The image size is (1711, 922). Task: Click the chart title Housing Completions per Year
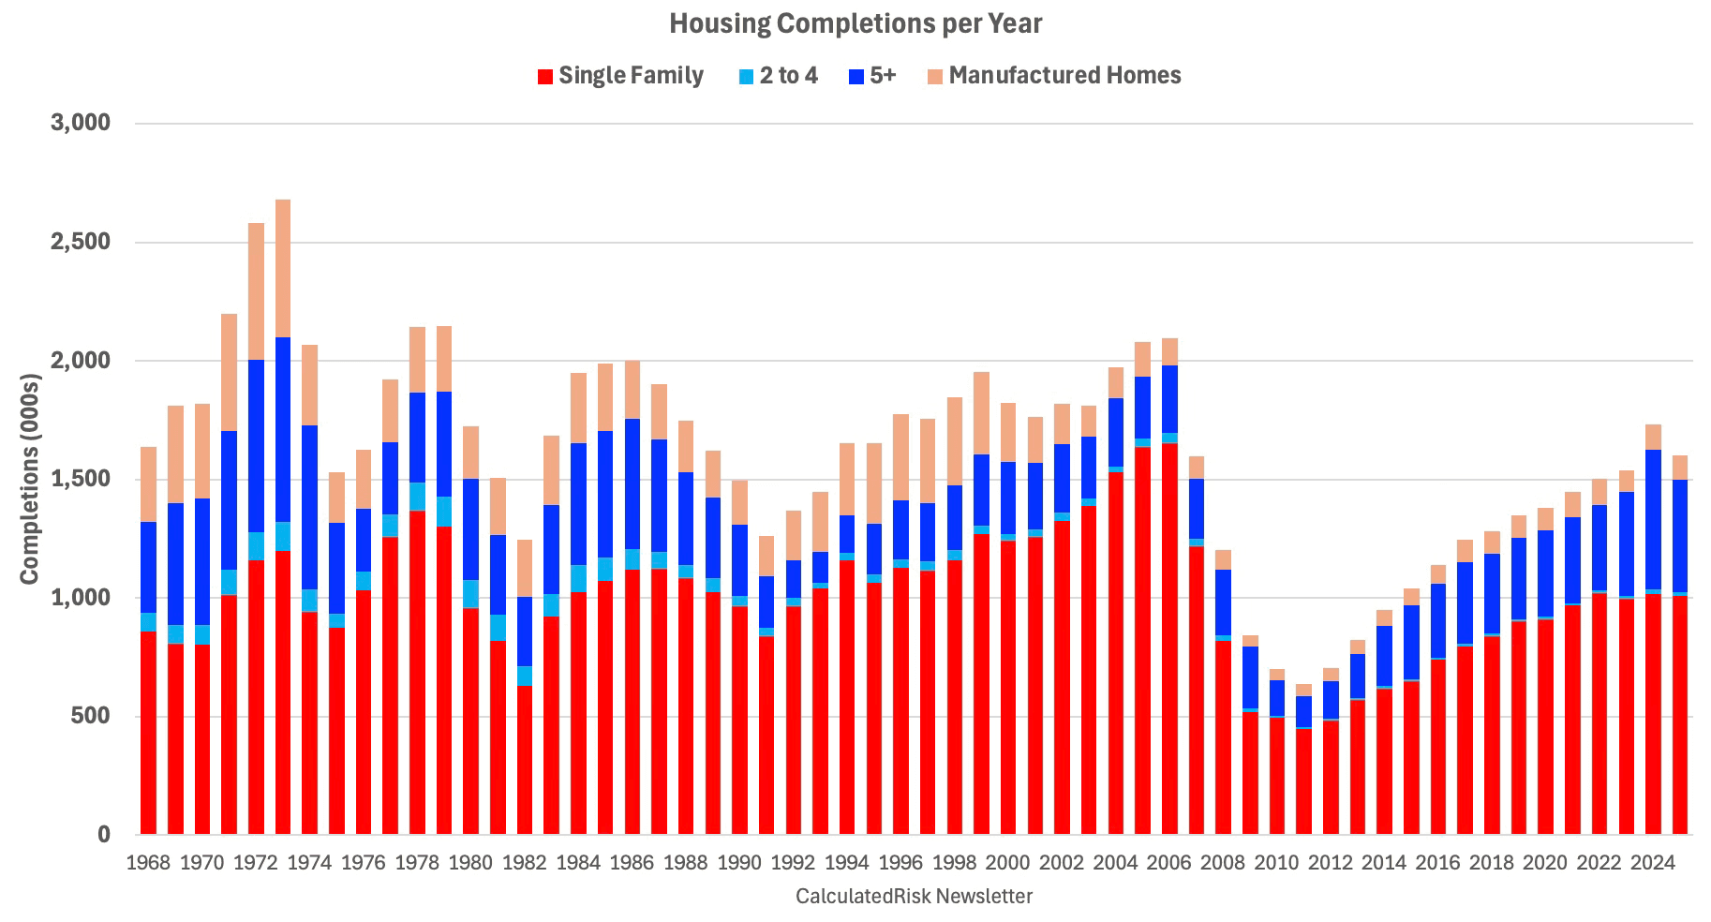click(x=855, y=24)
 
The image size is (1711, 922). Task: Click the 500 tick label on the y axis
click(x=91, y=717)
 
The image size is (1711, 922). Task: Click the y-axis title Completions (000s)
click(x=30, y=478)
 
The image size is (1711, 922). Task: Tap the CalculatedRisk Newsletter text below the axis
click(x=914, y=897)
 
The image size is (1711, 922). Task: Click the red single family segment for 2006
click(x=1169, y=637)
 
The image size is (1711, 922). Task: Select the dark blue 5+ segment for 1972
click(x=256, y=446)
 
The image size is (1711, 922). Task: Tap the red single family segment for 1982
click(x=525, y=759)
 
